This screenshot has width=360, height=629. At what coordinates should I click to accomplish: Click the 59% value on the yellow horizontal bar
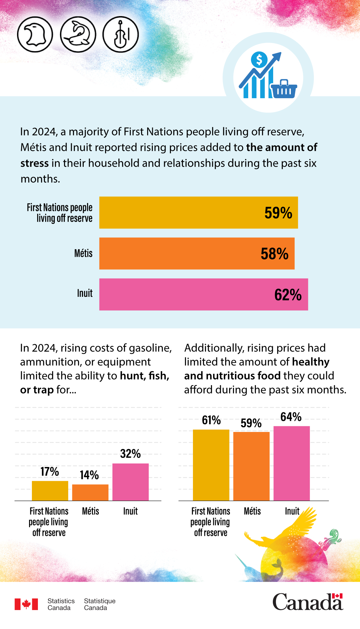coord(278,213)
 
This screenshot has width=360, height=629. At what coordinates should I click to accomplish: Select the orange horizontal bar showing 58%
coord(197,254)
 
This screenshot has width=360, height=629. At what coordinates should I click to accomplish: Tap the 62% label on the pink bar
coord(288,295)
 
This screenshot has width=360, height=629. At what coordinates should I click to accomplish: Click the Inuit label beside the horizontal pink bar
coord(85,293)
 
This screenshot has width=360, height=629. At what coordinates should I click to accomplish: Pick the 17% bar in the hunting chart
coord(50,491)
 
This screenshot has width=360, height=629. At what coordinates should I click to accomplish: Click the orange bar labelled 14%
coord(90,493)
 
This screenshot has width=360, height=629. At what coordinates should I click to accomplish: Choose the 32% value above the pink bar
coord(130,454)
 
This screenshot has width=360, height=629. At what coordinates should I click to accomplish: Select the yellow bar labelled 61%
coord(211,465)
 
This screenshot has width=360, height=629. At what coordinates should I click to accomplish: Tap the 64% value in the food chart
coord(291,417)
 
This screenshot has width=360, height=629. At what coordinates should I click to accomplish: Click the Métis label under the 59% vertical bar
coord(252,511)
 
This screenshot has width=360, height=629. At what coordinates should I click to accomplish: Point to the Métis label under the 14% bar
coord(91,511)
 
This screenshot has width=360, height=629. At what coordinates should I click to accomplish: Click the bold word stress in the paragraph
coord(35,163)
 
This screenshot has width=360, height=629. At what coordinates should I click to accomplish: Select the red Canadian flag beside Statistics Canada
coord(26,604)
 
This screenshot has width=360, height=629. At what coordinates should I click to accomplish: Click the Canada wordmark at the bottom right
coord(308,602)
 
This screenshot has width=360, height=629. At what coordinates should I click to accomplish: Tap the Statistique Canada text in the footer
coord(99,604)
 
